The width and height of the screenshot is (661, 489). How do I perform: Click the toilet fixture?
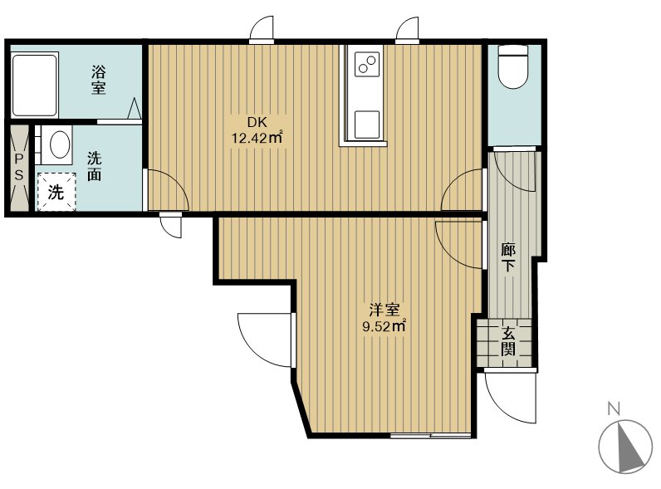tap(513, 66)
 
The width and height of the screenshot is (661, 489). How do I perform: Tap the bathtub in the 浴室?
tap(34, 85)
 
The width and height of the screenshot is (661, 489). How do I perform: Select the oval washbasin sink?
tap(60, 144)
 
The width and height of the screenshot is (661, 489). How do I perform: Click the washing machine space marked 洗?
tap(56, 192)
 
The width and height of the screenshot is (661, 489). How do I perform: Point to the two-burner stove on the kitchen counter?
tap(366, 64)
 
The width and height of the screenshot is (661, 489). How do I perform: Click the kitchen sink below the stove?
tap(366, 125)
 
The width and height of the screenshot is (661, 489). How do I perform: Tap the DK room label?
tap(257, 123)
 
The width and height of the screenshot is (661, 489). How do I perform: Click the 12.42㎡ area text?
tap(257, 138)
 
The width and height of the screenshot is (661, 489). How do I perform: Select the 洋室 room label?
tap(384, 311)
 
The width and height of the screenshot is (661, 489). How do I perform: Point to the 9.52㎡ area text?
tap(384, 325)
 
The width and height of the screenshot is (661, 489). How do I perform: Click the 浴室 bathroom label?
tap(98, 80)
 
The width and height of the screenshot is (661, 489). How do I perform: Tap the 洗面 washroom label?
tap(95, 167)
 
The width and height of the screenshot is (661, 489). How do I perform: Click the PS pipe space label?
tap(19, 167)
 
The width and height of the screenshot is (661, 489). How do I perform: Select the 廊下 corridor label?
tap(508, 257)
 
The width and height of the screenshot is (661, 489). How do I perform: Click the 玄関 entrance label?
tap(508, 341)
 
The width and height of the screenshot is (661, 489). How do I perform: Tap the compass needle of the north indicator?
tap(628, 447)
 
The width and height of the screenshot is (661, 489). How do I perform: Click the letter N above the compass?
tap(614, 408)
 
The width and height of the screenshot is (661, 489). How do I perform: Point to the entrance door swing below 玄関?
tap(511, 396)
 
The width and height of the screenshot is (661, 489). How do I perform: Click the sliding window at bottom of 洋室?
tap(430, 436)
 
